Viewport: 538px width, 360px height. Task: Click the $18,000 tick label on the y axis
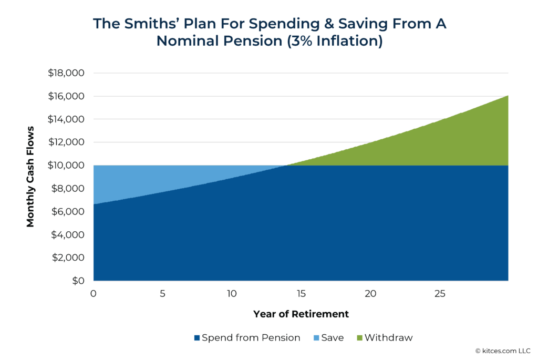(66, 73)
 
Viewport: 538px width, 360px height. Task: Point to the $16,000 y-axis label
(66, 96)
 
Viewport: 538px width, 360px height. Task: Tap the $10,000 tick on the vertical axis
(66, 166)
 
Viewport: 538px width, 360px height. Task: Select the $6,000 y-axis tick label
(68, 212)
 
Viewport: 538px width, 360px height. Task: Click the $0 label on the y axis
(78, 281)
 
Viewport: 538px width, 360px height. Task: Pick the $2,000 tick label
(68, 258)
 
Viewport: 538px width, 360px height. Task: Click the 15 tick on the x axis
(301, 293)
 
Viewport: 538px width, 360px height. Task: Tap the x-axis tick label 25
(440, 293)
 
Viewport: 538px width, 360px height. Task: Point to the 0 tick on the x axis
(94, 293)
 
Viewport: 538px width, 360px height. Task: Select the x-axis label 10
(232, 293)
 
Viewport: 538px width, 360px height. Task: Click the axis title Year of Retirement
(301, 314)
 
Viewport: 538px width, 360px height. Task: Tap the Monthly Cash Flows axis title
(30, 177)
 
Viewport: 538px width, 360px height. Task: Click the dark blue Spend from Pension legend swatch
(197, 338)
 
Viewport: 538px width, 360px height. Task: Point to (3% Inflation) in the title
(329, 42)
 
